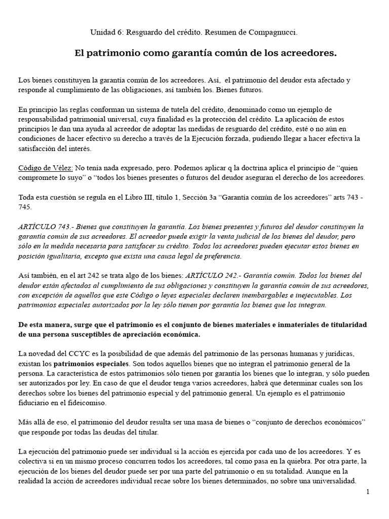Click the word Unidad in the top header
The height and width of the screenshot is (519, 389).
coord(102,32)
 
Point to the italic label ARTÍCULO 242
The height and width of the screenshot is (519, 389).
coord(210,275)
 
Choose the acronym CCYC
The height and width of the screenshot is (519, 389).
coord(75,354)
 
